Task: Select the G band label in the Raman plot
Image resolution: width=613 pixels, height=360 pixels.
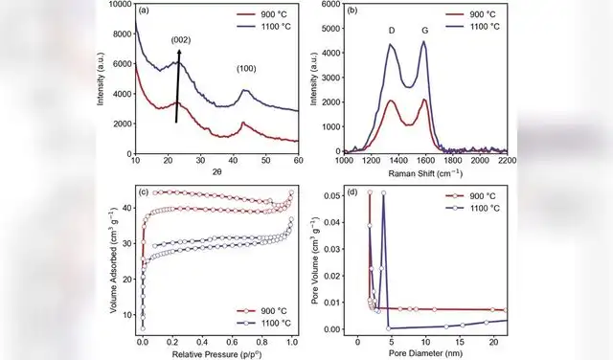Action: pos(424,30)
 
